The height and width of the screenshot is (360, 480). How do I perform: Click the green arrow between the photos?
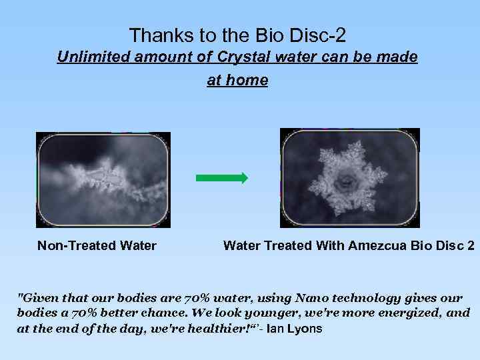click(221, 178)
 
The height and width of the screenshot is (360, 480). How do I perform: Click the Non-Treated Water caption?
click(97, 246)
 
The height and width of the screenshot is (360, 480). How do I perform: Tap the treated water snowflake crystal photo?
click(349, 178)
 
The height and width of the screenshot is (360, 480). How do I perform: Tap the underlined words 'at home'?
click(237, 81)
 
